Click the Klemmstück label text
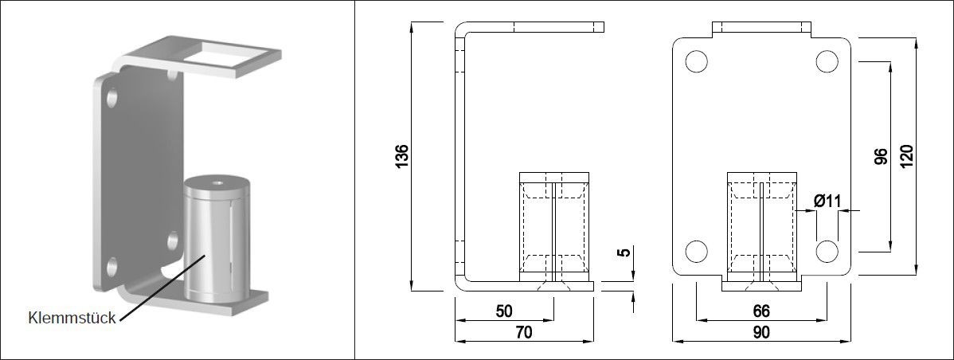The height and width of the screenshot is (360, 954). coord(72,319)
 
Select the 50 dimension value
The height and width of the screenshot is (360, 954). coord(504,310)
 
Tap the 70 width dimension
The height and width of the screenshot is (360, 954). coord(523,333)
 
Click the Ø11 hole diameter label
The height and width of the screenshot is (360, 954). coord(828,202)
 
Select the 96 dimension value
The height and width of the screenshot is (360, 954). coord(879,156)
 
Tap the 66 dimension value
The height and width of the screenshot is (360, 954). coord(761,310)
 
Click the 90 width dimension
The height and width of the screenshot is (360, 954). coord(760,333)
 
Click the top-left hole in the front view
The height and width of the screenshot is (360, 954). coord(695,62)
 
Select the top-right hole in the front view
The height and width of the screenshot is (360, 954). coord(827,62)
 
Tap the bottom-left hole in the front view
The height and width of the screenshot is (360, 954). coord(695,250)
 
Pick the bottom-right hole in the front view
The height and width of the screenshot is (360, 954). coord(827,250)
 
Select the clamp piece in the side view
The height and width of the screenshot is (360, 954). coord(553,227)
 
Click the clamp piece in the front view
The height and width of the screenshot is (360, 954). coord(761,227)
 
